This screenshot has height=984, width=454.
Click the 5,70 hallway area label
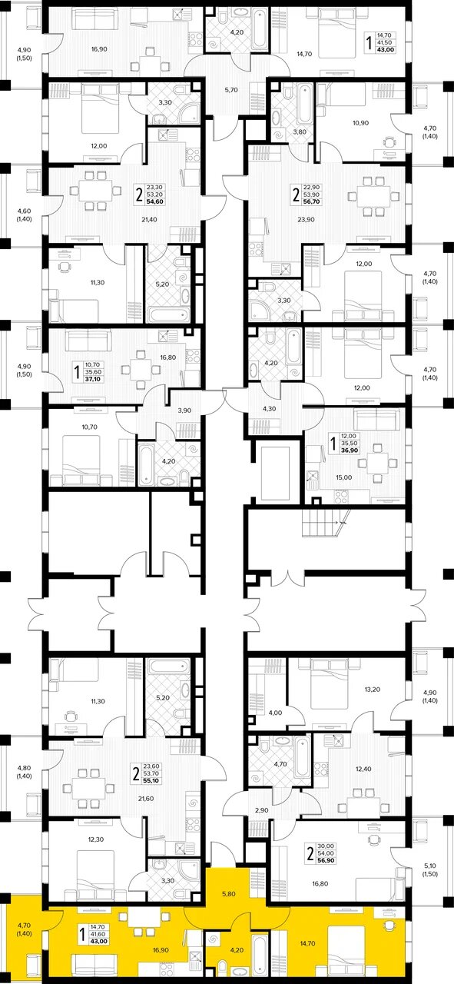[x=231, y=90]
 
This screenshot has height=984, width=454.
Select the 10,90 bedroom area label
[x=360, y=123]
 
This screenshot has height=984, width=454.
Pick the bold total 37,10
[x=93, y=379]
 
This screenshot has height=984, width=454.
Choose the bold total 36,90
[x=350, y=450]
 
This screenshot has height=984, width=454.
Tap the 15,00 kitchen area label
[x=344, y=477]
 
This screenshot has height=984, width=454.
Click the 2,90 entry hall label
[x=261, y=809]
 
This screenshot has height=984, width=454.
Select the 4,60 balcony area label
[x=24, y=211]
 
